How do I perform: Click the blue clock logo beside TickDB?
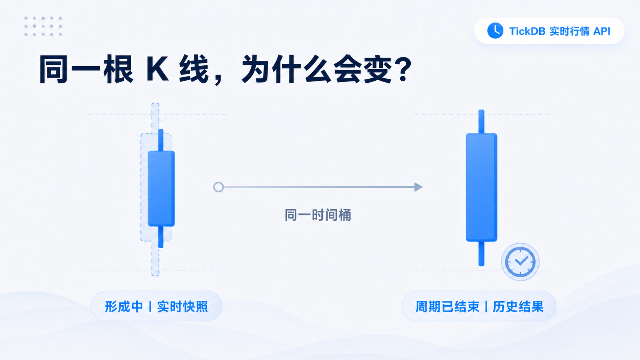click(495, 31)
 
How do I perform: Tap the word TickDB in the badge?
click(527, 31)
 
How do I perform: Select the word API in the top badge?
click(602, 31)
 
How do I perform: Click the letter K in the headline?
click(157, 69)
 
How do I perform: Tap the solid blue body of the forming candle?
click(161, 189)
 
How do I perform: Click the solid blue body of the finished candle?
click(482, 187)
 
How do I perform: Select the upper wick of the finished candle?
click(482, 122)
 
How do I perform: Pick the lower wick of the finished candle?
click(482, 254)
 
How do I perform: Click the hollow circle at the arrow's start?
click(219, 187)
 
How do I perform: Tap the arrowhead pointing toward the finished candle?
click(418, 187)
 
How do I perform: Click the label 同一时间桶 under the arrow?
click(318, 215)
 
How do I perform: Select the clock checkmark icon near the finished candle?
click(520, 262)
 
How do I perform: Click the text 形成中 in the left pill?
click(124, 306)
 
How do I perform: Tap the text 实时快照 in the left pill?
click(182, 306)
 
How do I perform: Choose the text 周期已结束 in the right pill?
click(447, 306)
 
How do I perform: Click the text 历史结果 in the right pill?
click(518, 306)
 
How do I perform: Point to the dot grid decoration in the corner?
click(43, 26)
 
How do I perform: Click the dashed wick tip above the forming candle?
click(155, 105)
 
